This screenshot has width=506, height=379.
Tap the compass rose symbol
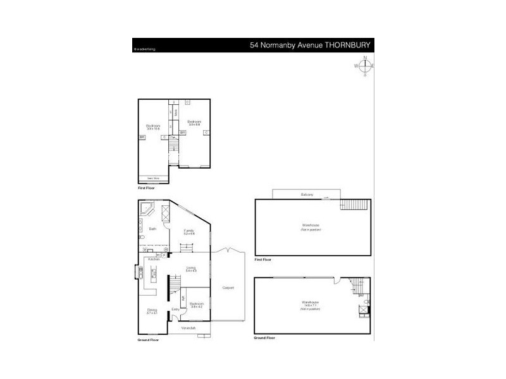[x=365, y=66]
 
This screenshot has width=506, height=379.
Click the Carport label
[x=228, y=287]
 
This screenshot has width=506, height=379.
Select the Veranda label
[x=188, y=328]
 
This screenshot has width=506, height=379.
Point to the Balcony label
[x=307, y=195]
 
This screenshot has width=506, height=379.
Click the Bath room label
[x=152, y=229]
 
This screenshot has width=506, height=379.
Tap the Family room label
[x=189, y=231]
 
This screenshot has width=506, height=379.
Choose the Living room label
[x=190, y=268]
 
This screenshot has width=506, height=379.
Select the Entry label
[x=176, y=309]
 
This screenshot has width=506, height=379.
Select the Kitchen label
[x=152, y=259]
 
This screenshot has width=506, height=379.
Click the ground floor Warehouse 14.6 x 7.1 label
[x=311, y=304]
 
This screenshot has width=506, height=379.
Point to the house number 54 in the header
[x=254, y=45]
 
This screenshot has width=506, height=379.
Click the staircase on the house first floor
[x=174, y=147]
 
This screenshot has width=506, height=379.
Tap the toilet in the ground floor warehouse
[x=362, y=310]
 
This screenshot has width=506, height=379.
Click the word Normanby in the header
[x=276, y=45]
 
